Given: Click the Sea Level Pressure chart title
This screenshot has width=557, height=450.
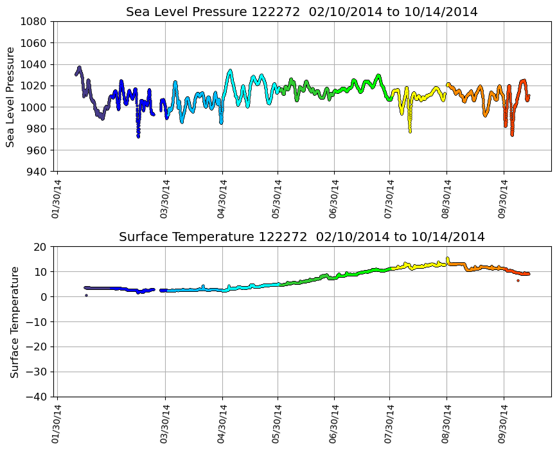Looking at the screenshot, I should pos(301,12).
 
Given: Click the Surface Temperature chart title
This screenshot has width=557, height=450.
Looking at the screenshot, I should pos(301,237).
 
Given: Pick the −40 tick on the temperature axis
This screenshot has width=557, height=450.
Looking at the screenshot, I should pos(37,397).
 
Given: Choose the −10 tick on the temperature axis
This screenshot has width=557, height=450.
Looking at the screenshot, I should pos(37,322).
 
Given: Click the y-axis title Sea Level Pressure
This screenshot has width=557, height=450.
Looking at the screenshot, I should pos(11,97).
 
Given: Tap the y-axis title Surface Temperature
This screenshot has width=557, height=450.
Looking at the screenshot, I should pos(14,322).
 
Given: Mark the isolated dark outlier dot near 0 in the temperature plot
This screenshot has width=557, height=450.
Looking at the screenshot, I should pos(86,295).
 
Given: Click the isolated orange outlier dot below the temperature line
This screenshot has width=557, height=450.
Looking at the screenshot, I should pos(518,280).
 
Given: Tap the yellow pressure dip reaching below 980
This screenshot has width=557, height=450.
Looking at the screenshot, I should pos(410,130).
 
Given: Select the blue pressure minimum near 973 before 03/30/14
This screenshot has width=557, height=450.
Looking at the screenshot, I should pos(138,136).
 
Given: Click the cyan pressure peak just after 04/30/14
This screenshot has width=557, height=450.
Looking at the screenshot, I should pos(230,71).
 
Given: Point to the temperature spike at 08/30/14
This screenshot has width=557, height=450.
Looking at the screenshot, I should pos(448,258).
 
